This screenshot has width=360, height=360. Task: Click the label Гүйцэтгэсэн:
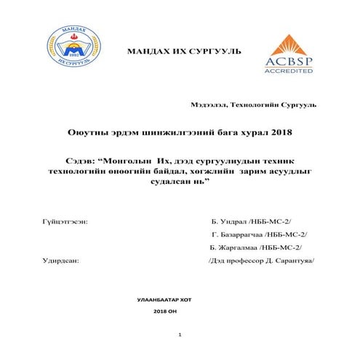(65, 219)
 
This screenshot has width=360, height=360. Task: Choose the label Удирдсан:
(61, 258)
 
